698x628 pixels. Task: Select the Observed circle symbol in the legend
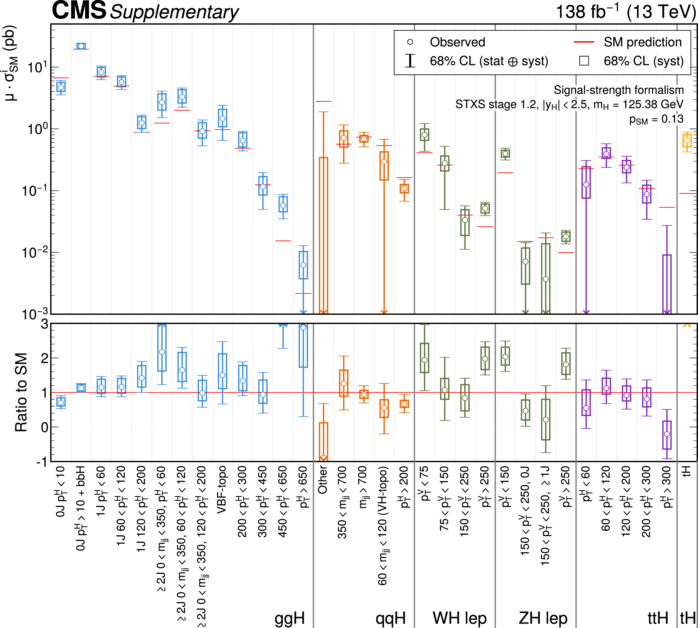point(410,42)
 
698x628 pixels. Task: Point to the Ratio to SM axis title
point(21,392)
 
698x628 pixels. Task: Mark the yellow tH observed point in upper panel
point(687,140)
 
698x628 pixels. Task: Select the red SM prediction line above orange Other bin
point(323,101)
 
